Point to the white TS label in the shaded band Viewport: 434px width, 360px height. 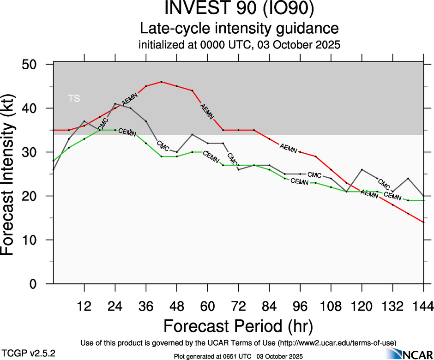tap(74, 98)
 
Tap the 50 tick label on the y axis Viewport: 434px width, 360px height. tap(32, 64)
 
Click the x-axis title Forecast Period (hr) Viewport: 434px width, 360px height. tap(238, 327)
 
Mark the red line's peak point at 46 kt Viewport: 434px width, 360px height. tap(161, 82)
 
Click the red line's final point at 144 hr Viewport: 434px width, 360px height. tap(423, 222)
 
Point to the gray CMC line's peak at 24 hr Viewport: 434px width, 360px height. tap(115, 104)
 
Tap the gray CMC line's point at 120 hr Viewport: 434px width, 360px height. tap(362, 170)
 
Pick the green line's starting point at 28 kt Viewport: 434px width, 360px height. tap(54, 161)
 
